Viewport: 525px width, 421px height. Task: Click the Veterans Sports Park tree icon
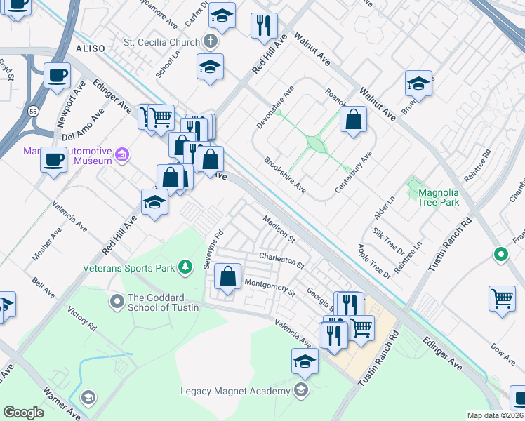click(185, 267)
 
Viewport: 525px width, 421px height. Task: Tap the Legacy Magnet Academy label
click(234, 391)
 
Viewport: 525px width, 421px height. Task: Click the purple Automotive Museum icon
click(122, 154)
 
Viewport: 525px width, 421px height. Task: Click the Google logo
click(23, 413)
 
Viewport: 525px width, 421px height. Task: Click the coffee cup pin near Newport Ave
click(57, 74)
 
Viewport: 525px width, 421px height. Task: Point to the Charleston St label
click(281, 261)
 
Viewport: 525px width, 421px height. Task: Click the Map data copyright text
click(495, 415)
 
